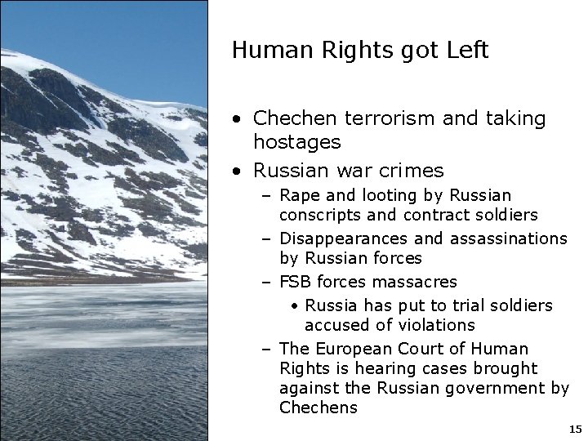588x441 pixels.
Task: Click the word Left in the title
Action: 467,51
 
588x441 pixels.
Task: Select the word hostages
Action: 296,142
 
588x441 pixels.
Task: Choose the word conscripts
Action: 321,216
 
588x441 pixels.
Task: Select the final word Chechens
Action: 318,408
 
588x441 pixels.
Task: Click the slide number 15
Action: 574,429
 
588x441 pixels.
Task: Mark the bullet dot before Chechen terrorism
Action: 236,119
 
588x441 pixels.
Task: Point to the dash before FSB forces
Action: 267,282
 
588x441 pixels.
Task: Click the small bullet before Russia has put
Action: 294,306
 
